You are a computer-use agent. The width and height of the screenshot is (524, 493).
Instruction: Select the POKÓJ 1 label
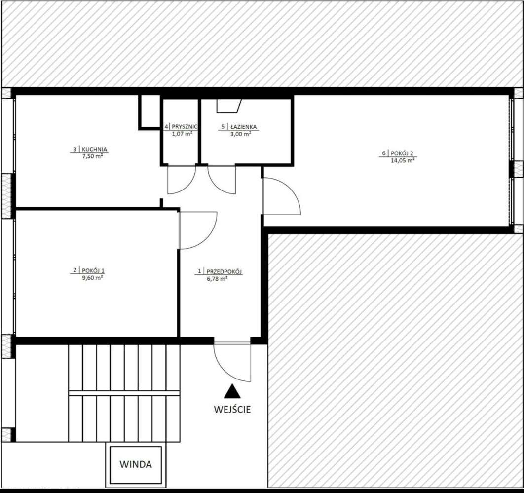pyautogui.click(x=94, y=270)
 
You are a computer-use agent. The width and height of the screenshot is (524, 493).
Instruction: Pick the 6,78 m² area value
pyautogui.click(x=217, y=279)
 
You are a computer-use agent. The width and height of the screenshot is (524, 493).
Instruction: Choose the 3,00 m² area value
pyautogui.click(x=241, y=133)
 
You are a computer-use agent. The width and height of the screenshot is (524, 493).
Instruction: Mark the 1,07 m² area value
pyautogui.click(x=182, y=133)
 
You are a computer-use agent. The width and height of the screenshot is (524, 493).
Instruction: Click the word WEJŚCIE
pyautogui.click(x=232, y=409)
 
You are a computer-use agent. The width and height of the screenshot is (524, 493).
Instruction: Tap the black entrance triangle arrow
pyautogui.click(x=232, y=392)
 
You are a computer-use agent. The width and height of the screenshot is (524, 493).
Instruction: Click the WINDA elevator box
pyautogui.click(x=136, y=465)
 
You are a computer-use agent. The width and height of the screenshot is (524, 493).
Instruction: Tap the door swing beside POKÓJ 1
pyautogui.click(x=196, y=229)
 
